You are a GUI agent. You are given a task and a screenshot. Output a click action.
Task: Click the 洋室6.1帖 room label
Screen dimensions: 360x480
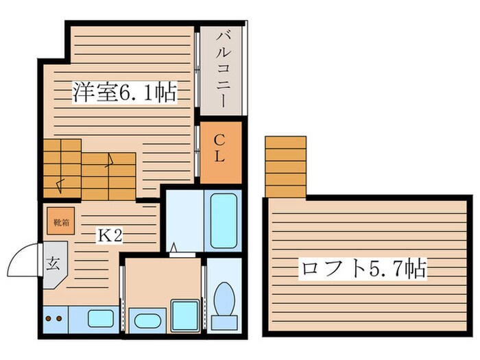tap(125, 91)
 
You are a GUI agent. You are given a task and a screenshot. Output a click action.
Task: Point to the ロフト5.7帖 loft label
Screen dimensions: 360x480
tap(362, 268)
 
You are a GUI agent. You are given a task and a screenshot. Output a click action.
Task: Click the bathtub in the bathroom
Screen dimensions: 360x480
tap(224, 221)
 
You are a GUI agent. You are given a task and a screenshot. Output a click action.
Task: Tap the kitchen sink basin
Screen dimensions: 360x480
tap(101, 318)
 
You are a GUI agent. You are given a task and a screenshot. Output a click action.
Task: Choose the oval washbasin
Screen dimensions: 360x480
tap(145, 320)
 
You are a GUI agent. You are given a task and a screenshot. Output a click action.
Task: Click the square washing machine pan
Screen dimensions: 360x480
tap(184, 315)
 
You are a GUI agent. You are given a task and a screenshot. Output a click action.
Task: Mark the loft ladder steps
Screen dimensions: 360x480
tap(285, 166)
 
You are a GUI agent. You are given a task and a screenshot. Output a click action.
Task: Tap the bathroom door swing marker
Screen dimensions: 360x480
tap(174, 248)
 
